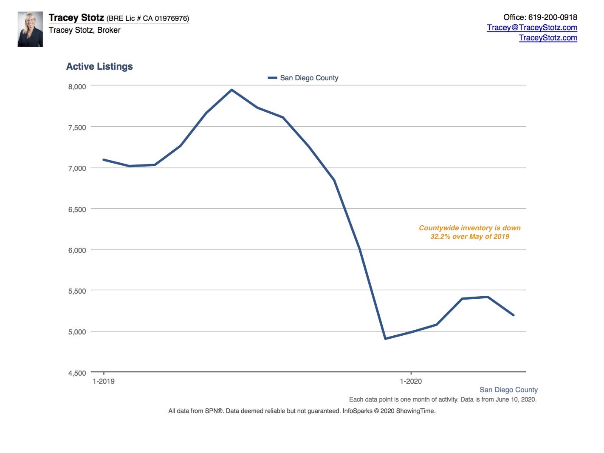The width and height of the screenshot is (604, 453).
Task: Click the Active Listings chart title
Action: point(99,66)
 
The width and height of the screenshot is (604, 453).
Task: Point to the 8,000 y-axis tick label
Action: point(77,87)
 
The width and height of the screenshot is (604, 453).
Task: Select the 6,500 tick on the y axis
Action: point(77,210)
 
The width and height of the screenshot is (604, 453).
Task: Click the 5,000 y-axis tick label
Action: point(77,332)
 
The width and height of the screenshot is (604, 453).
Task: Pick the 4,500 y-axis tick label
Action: point(77,373)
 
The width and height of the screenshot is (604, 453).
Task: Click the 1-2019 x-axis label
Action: point(104,381)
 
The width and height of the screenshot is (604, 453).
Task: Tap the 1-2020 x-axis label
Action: point(411,381)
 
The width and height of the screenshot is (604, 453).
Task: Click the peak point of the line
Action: point(231,90)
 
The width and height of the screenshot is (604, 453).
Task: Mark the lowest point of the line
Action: point(385,339)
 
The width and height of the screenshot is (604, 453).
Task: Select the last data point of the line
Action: point(514,315)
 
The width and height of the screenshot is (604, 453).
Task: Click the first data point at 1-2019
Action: point(104,160)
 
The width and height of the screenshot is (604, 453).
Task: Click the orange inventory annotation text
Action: point(469,232)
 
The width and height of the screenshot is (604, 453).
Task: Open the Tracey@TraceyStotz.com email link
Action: point(532,28)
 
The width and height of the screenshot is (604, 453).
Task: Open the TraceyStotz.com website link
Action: point(548,38)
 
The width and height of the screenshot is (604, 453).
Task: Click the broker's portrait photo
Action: point(30,29)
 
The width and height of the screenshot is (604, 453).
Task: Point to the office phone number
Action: point(540,17)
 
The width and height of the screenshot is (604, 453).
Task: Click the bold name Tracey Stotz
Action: point(76,18)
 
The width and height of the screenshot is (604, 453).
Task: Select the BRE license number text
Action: point(148,19)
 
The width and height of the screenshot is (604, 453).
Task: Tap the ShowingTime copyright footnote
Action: point(302,411)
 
